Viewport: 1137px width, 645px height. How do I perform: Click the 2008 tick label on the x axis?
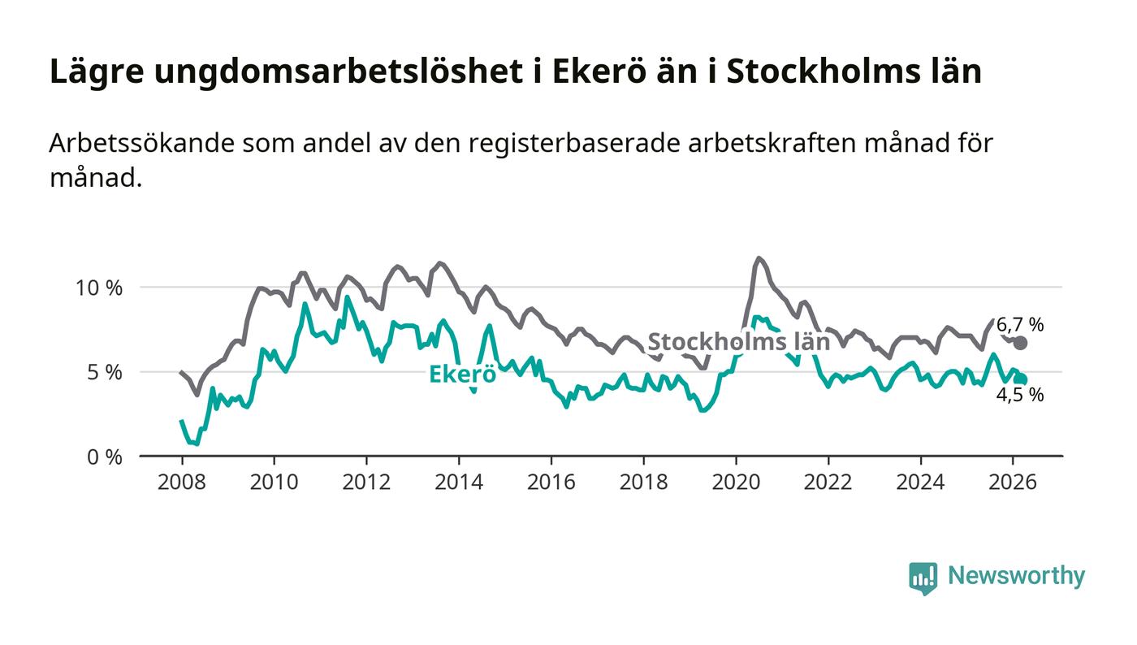pyautogui.click(x=181, y=483)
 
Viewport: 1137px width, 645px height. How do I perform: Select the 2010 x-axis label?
pyautogui.click(x=274, y=483)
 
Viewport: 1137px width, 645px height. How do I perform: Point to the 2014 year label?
pyautogui.click(x=459, y=483)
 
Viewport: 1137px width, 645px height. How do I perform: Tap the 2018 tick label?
pyautogui.click(x=643, y=483)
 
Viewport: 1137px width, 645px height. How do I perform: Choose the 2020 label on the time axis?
pyautogui.click(x=736, y=483)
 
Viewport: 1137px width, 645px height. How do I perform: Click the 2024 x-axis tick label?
pyautogui.click(x=921, y=483)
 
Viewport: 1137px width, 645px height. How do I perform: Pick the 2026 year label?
pyautogui.click(x=1013, y=483)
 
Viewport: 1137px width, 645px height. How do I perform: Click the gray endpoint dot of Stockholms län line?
pyautogui.click(x=1020, y=343)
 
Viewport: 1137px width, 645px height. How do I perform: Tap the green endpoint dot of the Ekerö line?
pyautogui.click(x=1021, y=379)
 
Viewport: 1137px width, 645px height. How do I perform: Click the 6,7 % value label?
pyautogui.click(x=1020, y=325)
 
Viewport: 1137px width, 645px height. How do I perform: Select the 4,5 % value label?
pyautogui.click(x=1020, y=396)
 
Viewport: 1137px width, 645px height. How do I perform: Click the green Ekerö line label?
pyautogui.click(x=462, y=374)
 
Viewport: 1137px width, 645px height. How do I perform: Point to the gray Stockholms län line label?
pyautogui.click(x=738, y=341)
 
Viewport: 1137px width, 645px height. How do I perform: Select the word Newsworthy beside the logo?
pyautogui.click(x=1016, y=577)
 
